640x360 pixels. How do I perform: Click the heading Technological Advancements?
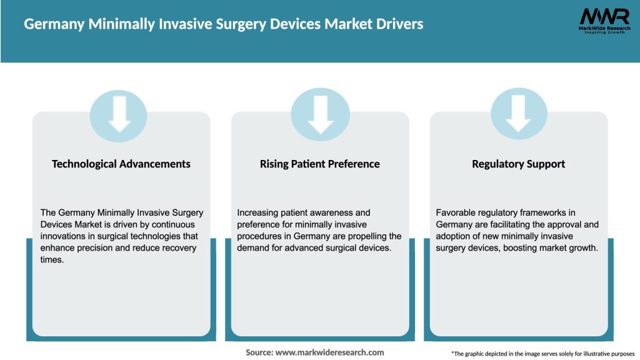[x=121, y=164]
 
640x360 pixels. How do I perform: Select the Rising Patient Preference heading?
[x=319, y=164]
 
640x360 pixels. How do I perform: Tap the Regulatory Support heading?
[x=518, y=164]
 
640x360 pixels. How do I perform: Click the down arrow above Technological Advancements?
[x=119, y=113]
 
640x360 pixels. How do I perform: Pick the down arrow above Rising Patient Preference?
[x=320, y=113]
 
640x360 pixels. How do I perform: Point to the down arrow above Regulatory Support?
[x=518, y=113]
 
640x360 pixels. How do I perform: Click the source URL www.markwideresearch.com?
[x=329, y=352]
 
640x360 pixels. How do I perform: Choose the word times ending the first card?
[x=52, y=260]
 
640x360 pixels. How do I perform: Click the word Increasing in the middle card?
[x=259, y=213]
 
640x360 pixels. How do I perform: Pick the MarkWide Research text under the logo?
[x=604, y=29]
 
